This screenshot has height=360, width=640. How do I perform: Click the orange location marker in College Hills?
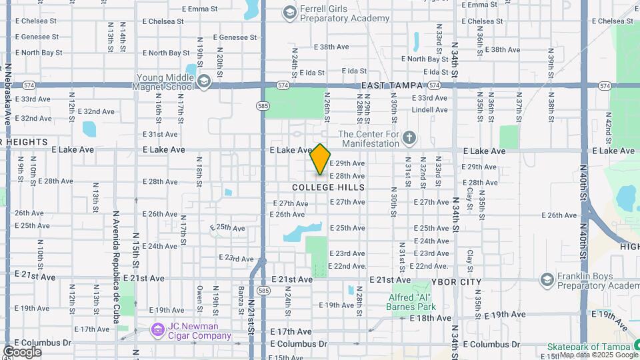tap(321, 159)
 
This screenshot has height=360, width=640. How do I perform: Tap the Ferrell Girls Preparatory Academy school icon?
tap(289, 12)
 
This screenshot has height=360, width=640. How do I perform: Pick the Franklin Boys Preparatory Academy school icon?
tap(547, 279)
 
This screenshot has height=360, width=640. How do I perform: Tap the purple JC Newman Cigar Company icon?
tap(157, 330)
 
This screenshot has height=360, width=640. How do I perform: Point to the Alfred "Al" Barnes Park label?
tap(411, 302)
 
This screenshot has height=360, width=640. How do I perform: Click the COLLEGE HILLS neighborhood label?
tap(329, 187)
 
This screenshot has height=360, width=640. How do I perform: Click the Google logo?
tap(22, 351)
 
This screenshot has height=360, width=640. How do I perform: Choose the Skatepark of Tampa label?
tap(589, 347)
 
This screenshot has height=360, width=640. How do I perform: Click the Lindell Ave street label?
tap(429, 110)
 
